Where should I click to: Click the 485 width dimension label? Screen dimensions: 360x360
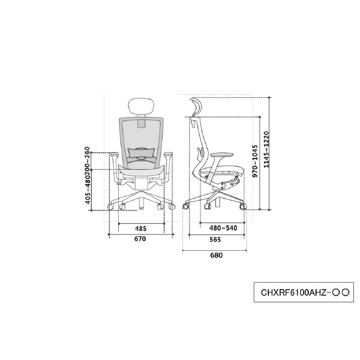[x=140, y=229]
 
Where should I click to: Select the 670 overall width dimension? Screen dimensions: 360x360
[x=140, y=239]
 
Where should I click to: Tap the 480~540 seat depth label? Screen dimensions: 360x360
[x=223, y=228]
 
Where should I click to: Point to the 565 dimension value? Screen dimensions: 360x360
[x=215, y=239]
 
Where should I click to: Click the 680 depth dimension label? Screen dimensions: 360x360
[x=216, y=256]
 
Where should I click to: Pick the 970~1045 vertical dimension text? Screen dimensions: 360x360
[x=255, y=161]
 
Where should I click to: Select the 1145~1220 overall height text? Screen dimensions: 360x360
[x=266, y=149]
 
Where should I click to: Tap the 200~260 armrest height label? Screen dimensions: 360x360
[x=88, y=161]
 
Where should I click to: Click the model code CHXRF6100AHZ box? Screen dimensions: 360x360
[x=304, y=292]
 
